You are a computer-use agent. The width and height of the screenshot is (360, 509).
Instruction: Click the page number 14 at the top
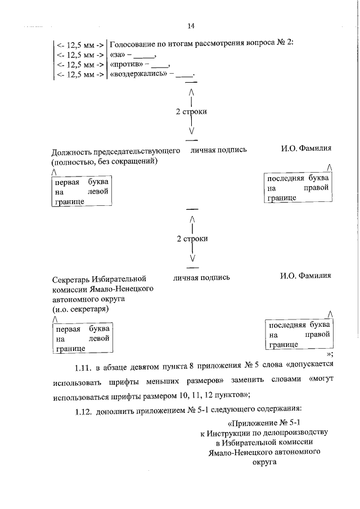(191, 26)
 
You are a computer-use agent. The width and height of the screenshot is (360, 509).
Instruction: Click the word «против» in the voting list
(126, 65)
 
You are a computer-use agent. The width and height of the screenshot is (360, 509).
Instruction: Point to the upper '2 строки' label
(191, 112)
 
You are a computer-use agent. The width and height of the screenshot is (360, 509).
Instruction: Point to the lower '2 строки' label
(192, 238)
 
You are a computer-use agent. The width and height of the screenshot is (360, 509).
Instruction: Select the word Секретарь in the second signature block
(72, 278)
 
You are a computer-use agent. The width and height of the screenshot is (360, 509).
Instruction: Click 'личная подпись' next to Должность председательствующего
(219, 151)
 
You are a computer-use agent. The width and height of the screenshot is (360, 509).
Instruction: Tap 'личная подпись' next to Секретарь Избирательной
(201, 277)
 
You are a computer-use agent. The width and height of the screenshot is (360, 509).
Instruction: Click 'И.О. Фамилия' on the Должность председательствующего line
(306, 149)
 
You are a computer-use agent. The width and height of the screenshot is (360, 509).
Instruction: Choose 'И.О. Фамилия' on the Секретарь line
(305, 276)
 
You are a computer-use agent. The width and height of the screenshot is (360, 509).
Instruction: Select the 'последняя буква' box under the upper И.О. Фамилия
(298, 188)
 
